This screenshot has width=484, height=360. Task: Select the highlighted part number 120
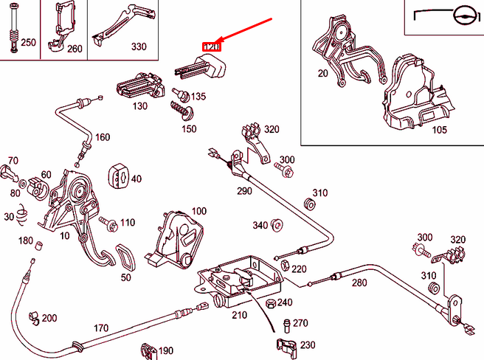212,47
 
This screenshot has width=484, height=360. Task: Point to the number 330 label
139,46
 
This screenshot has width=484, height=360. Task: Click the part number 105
439,130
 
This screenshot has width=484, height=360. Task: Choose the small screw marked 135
178,94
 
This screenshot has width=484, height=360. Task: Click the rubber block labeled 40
119,175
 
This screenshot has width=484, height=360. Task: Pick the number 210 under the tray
239,315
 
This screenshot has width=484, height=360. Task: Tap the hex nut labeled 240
269,302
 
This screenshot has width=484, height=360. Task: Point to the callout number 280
359,283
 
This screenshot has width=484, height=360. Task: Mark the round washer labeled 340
277,224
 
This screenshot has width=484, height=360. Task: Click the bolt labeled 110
109,221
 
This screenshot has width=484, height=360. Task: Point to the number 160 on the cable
102,137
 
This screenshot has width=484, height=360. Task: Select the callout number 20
322,73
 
